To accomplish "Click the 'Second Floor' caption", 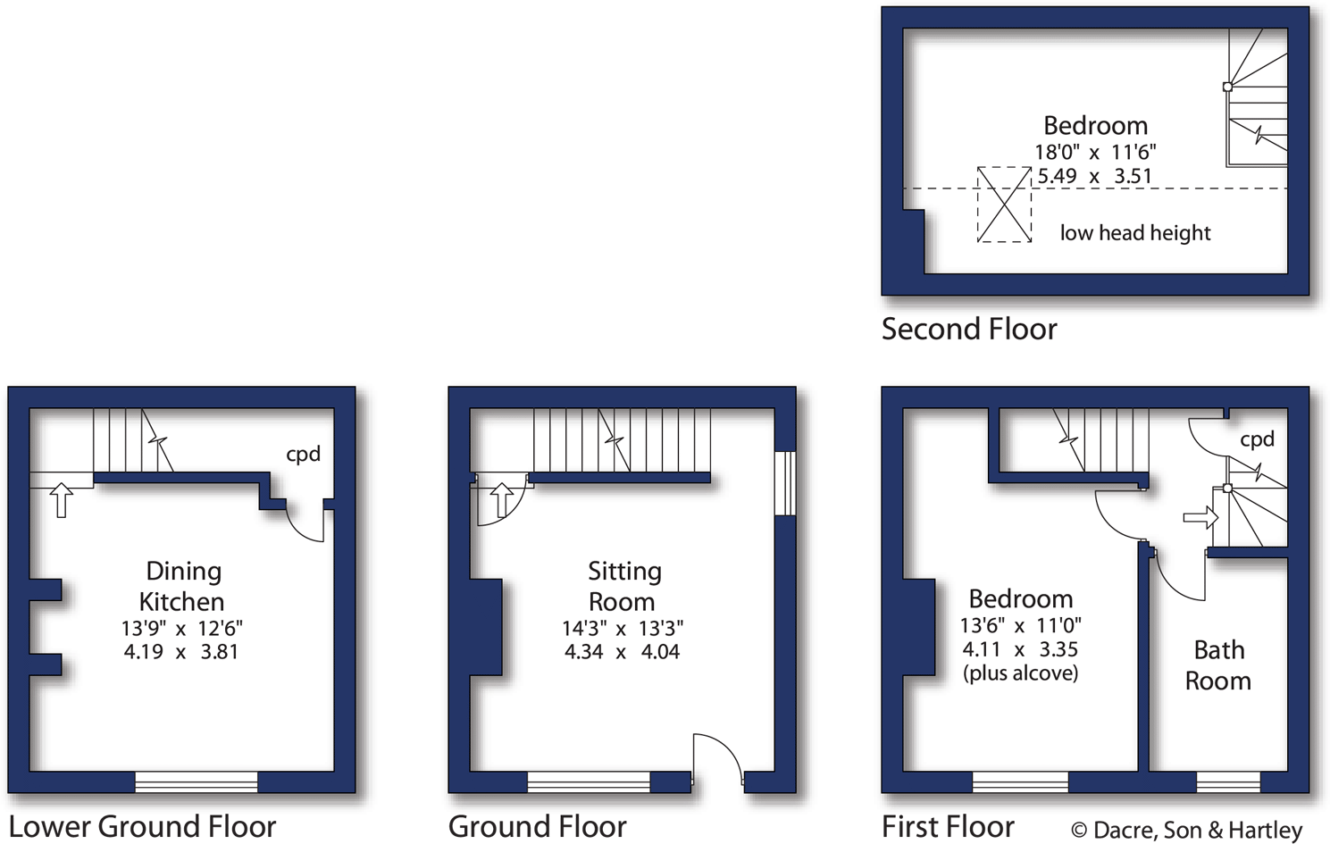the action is point(969,330).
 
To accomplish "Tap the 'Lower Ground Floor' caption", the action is point(142,827).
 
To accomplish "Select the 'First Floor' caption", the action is point(948,827).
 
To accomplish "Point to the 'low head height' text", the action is point(1134,233).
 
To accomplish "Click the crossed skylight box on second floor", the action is point(1004,205).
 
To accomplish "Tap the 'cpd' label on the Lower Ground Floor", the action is point(303,455).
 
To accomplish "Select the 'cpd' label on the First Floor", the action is point(1257,439).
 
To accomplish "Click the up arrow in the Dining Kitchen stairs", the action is point(61,500).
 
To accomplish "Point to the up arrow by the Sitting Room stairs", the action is point(501,500).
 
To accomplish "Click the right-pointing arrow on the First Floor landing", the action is point(1200,517).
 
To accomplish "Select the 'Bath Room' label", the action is point(1218,665).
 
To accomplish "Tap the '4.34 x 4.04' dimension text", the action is point(622,652).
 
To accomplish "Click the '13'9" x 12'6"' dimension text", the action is point(181,628).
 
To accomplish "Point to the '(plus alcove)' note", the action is point(1020,673).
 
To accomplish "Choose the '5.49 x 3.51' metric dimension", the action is point(1094,177).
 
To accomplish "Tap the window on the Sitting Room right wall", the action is point(784,483).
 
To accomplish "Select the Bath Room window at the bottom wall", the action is point(1227,782).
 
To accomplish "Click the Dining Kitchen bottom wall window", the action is point(197,782).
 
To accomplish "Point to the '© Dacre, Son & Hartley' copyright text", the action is point(1186,831).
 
